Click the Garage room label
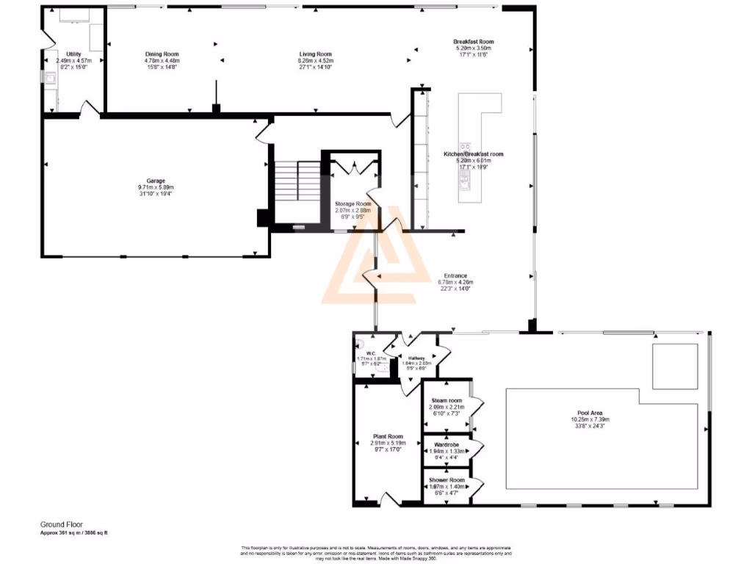coord(155,181)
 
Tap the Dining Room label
coord(162,54)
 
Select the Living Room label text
coord(316,54)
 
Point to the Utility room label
coord(73,54)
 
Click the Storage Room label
coord(353,203)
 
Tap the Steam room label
coord(445,400)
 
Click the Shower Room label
coord(446,480)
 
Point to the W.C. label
coord(371,352)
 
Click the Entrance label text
coord(455,275)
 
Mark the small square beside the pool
coord(675,365)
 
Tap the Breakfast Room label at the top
coord(473,42)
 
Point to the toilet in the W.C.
coord(359,342)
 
